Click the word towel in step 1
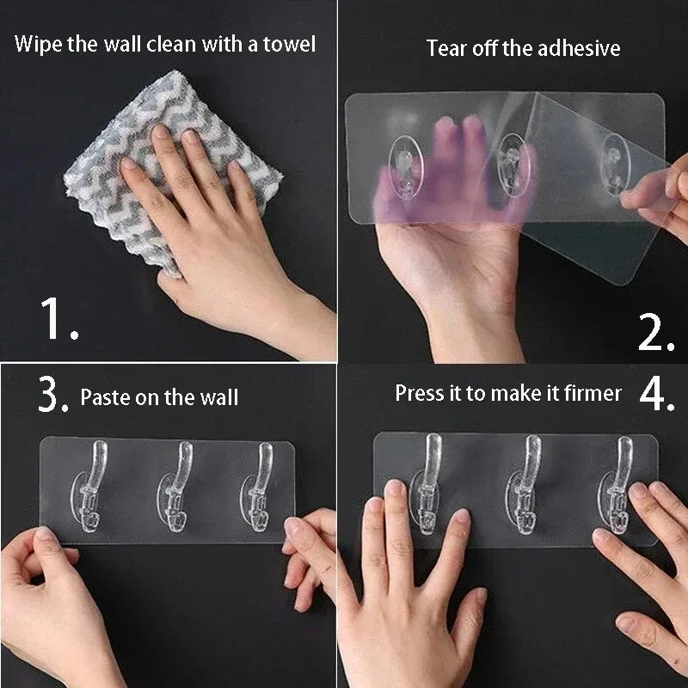click(x=286, y=43)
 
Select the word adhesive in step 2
click(x=577, y=48)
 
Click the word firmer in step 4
click(x=589, y=394)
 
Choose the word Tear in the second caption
click(x=447, y=48)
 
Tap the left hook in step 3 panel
click(x=95, y=488)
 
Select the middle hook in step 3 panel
click(x=180, y=488)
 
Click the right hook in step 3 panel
click(x=258, y=488)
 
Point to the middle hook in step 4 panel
click(x=526, y=482)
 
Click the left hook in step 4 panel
click(x=427, y=482)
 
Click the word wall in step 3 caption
click(x=219, y=397)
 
